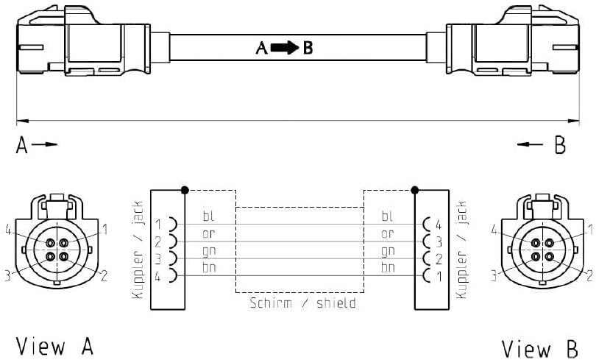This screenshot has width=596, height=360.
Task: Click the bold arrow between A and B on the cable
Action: click(285, 48)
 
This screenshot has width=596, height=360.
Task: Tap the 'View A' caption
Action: click(54, 346)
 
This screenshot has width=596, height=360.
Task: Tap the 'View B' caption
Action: click(540, 349)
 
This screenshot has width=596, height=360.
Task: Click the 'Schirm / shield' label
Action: click(303, 303)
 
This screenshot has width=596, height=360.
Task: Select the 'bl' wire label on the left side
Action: click(208, 216)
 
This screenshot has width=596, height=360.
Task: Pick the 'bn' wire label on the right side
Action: click(388, 268)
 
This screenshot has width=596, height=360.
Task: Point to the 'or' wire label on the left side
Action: click(209, 234)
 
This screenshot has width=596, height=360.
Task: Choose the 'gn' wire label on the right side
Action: click(388, 251)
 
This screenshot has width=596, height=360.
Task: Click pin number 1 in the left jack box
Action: click(158, 225)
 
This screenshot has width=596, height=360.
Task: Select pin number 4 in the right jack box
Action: click(439, 225)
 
